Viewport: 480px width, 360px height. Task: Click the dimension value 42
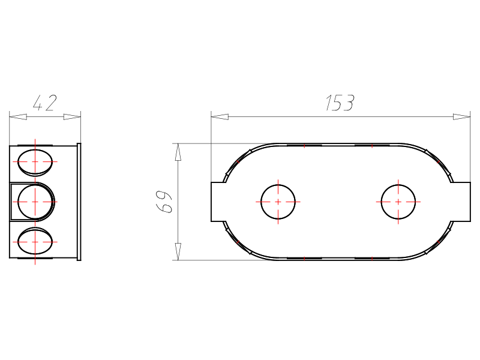(44, 103)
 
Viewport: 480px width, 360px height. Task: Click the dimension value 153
(340, 103)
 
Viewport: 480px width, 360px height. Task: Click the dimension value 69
(164, 202)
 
